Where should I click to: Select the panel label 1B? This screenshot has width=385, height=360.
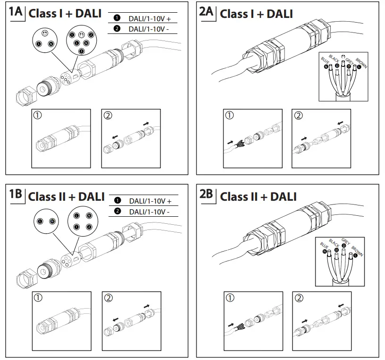[x=15, y=196]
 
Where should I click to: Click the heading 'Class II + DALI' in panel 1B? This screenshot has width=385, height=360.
[x=66, y=196]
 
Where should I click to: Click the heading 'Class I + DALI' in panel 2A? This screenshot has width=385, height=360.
[x=256, y=14]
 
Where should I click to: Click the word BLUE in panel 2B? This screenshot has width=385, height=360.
[x=324, y=247]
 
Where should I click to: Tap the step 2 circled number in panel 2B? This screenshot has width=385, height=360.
[x=298, y=298]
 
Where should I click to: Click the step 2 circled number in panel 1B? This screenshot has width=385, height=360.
[x=108, y=298]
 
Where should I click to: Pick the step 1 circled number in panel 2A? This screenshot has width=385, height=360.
[x=229, y=115]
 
